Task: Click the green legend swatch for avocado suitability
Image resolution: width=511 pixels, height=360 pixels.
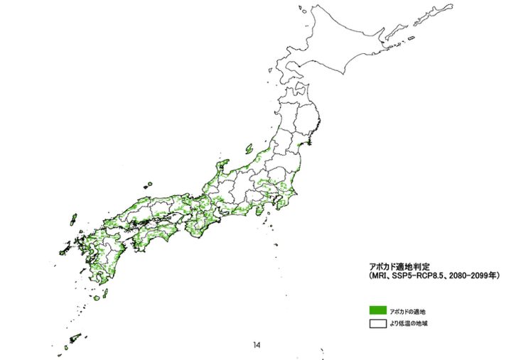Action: pos(377,310)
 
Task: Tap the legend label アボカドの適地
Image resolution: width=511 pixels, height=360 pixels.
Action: pos(407,311)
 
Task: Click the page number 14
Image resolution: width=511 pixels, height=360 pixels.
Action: pos(256,345)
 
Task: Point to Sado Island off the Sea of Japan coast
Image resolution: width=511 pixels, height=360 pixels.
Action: pos(249,149)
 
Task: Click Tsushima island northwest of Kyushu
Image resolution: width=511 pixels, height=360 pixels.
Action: pos(73,222)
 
